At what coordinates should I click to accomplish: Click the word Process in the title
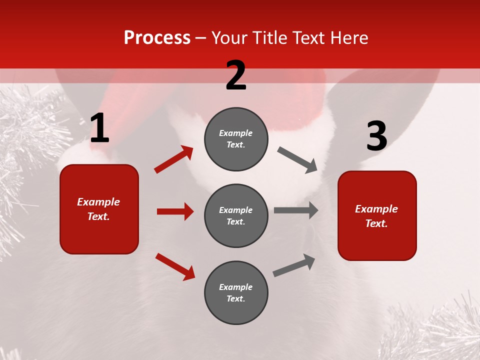(x=157, y=38)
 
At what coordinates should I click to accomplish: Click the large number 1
(x=99, y=128)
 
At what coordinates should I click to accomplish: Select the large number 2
(x=236, y=75)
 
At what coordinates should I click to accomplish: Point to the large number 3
(x=376, y=136)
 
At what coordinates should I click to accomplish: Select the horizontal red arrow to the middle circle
(x=175, y=211)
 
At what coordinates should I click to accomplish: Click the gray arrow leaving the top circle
(x=297, y=160)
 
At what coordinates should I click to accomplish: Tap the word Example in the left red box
(x=98, y=202)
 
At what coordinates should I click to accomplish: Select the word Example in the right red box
(x=376, y=209)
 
